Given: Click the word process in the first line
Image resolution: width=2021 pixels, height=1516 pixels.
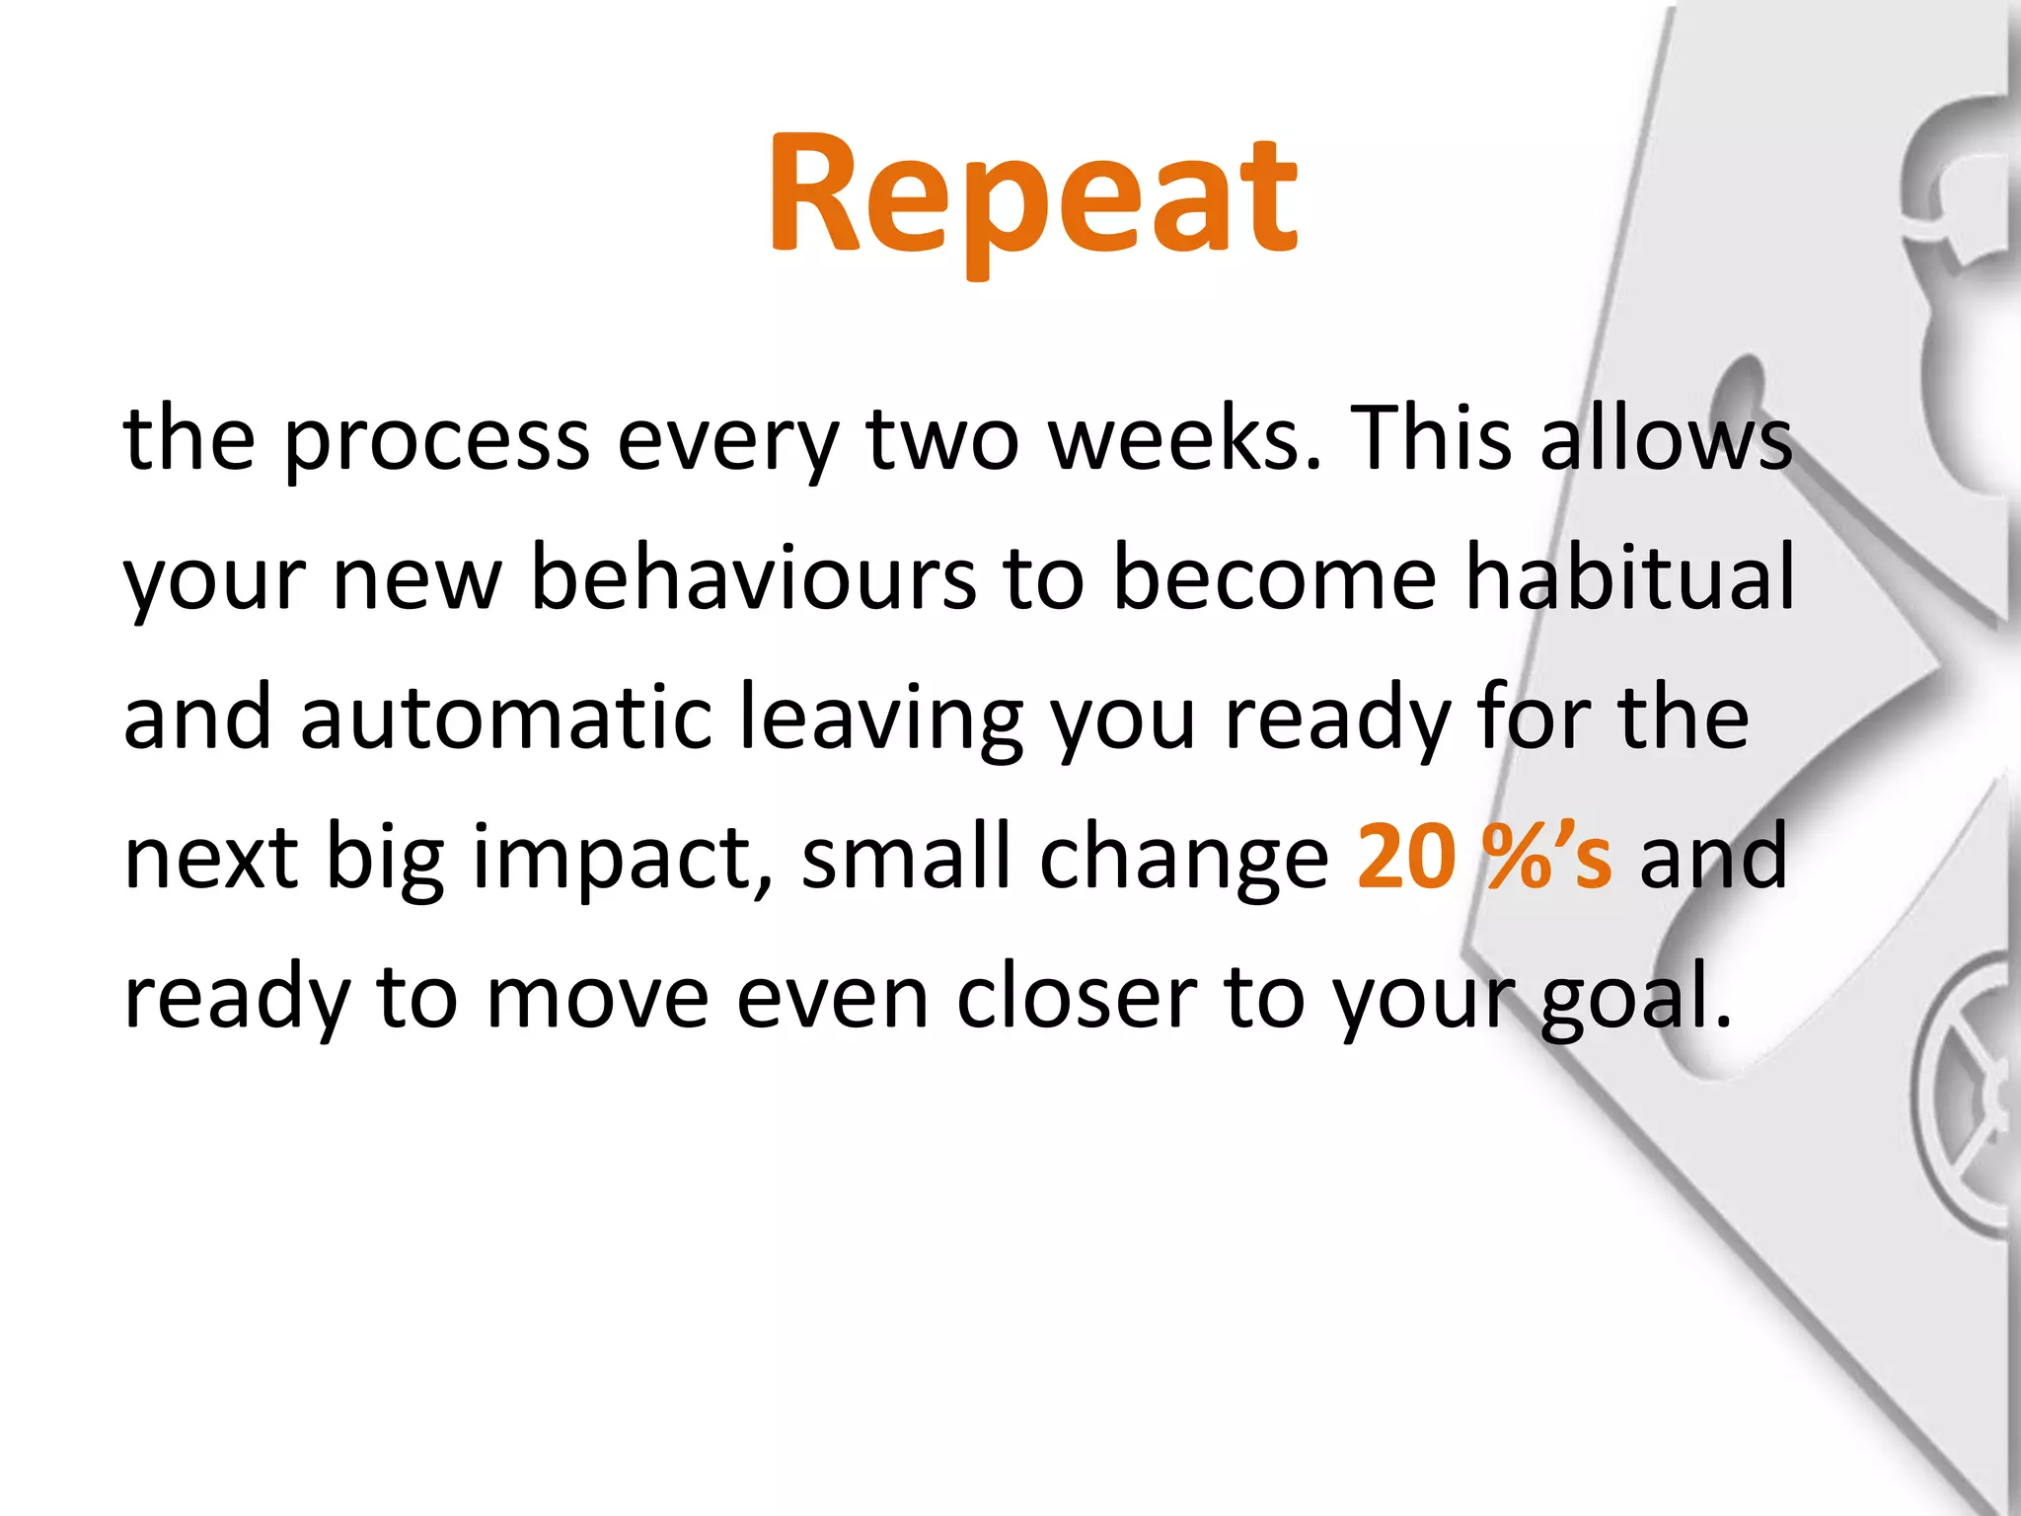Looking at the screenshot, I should (437, 440).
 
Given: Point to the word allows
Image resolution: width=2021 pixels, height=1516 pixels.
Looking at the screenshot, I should (1666, 438).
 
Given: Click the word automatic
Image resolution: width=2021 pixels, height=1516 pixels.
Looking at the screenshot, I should (506, 718).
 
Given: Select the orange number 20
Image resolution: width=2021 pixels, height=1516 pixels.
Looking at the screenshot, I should (1406, 857).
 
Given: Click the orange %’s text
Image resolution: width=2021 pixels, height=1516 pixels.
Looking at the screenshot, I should (1548, 857).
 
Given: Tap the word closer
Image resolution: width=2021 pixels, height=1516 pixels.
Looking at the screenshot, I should (1077, 997).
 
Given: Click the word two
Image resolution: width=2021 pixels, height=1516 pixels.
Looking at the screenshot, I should (942, 440).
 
